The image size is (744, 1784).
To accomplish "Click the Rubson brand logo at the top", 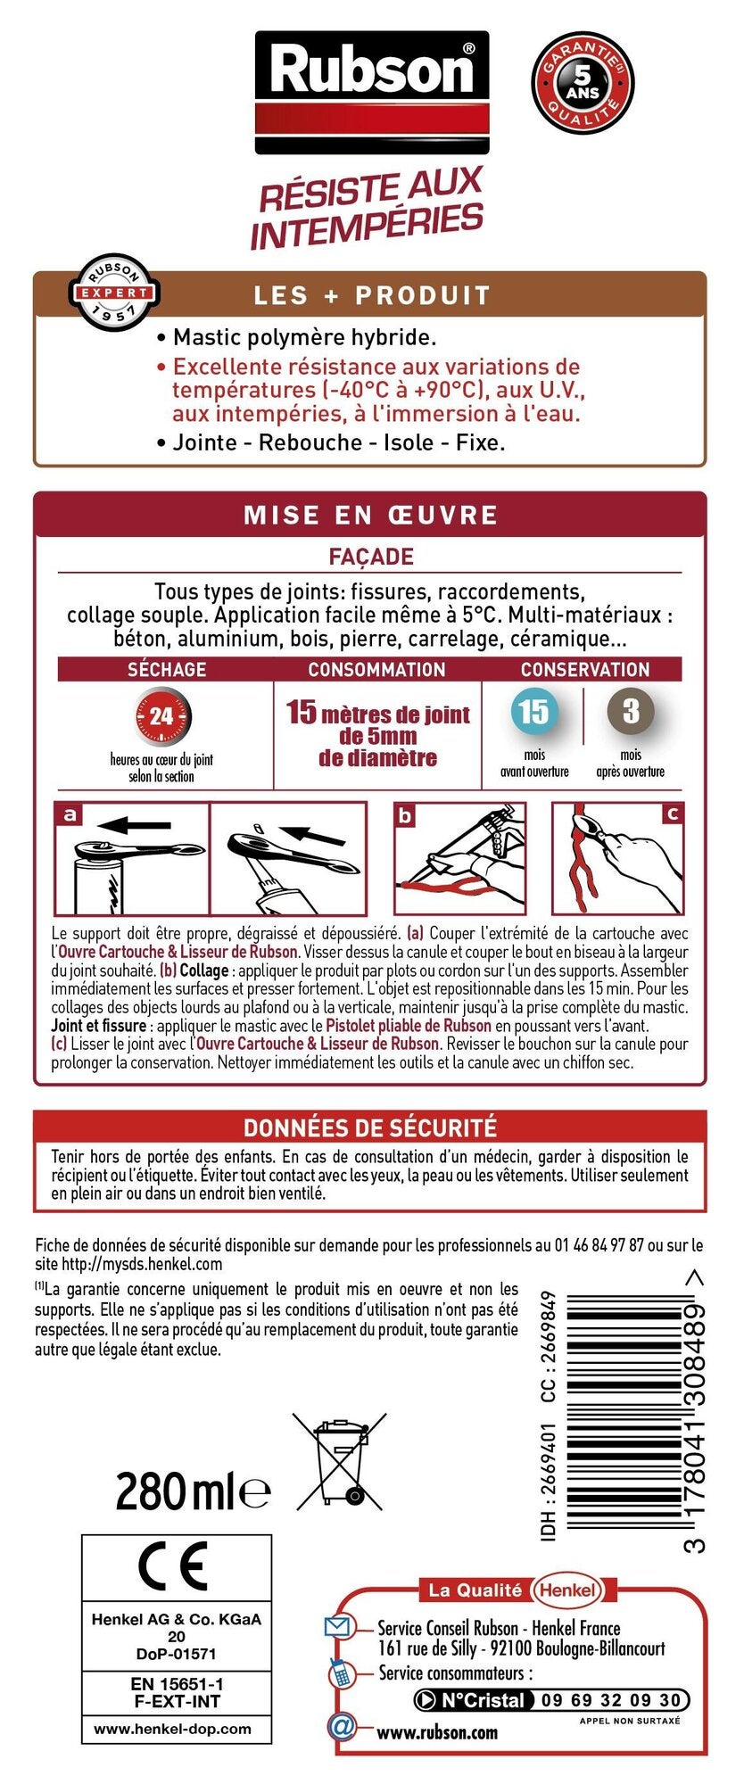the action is click(372, 92).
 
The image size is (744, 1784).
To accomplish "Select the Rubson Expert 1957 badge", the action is click(115, 292).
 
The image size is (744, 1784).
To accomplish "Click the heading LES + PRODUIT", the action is click(372, 295).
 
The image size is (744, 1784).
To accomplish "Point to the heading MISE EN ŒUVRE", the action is click(371, 515).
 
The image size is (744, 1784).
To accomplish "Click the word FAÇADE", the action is click(371, 557).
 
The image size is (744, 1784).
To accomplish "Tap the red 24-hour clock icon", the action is click(162, 716).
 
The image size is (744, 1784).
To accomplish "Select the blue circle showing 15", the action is click(533, 712).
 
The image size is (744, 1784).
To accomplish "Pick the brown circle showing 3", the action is click(631, 712).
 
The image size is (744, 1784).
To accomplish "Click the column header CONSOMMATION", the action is click(376, 669).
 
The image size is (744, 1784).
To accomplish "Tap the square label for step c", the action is click(672, 814).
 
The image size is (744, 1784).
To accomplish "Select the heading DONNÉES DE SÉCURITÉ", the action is click(370, 1127).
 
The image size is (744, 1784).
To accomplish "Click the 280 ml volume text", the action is click(193, 1491).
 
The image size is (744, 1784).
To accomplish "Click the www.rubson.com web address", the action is click(437, 1732).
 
